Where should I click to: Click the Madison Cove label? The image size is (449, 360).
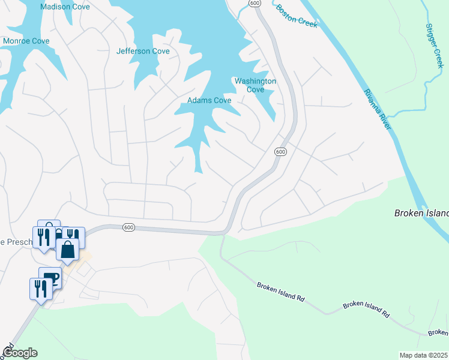click(65, 7)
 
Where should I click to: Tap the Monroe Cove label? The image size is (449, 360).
click(26, 41)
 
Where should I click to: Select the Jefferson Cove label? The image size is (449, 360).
click(143, 52)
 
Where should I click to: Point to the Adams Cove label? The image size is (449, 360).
click(209, 101)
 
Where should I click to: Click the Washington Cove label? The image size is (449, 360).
click(255, 85)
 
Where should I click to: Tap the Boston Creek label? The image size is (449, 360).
click(296, 16)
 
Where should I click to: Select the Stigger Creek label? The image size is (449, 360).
click(434, 46)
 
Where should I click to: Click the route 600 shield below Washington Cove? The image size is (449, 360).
click(280, 152)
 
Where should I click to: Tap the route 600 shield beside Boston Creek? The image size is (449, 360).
click(255, 4)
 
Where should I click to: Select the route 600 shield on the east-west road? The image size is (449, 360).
click(128, 227)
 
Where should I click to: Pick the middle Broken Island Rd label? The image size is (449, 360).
click(366, 309)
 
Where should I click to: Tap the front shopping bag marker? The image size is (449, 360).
click(68, 249)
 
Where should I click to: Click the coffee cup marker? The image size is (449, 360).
click(52, 278)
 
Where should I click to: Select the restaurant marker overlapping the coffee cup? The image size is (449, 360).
click(40, 289)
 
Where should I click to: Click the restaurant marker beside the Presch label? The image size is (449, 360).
click(43, 236)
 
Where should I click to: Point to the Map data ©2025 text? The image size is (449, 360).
click(423, 355)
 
